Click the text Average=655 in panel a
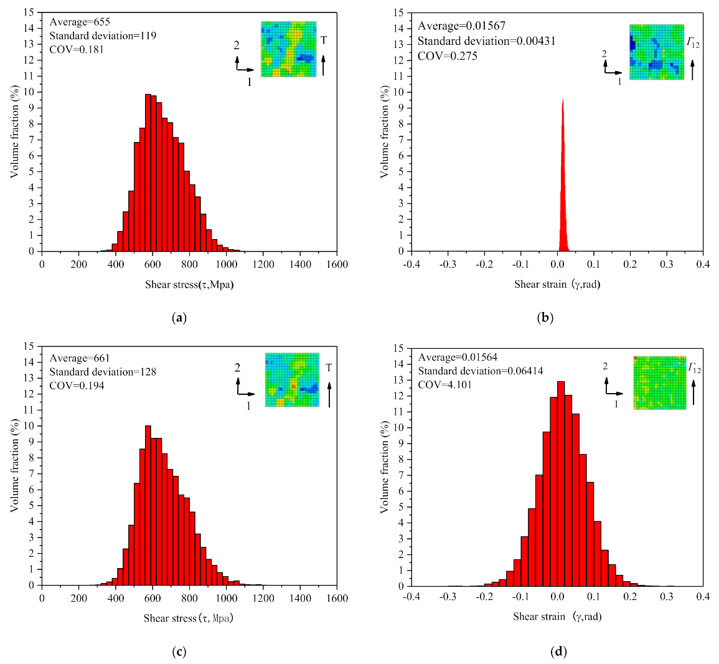[80, 22]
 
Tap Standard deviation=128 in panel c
[103, 372]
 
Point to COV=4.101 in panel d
[444, 384]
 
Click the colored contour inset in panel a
[288, 49]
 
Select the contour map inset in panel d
[659, 382]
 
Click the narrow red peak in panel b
[563, 187]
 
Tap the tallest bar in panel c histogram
[148, 505]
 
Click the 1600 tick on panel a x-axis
[337, 264]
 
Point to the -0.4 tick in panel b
[411, 264]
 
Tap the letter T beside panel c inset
[329, 368]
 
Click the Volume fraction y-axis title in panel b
[385, 131]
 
